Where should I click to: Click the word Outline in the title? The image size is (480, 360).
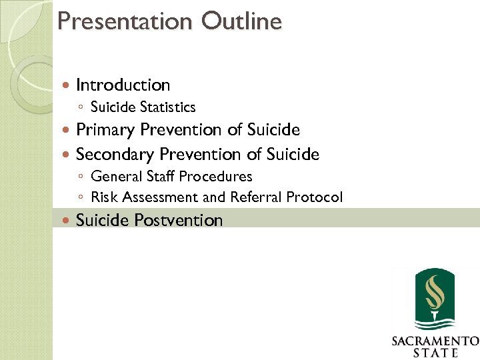click(241, 21)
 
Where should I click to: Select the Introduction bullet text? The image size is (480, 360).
click(123, 85)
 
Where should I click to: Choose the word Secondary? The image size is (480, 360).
click(115, 155)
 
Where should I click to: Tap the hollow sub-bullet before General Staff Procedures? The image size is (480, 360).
click(80, 177)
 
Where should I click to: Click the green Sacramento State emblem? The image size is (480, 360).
click(435, 298)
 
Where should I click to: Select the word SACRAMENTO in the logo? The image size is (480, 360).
click(435, 341)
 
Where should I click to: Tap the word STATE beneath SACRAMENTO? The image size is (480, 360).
click(435, 353)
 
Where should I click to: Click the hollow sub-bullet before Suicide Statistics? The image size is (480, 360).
click(80, 107)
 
